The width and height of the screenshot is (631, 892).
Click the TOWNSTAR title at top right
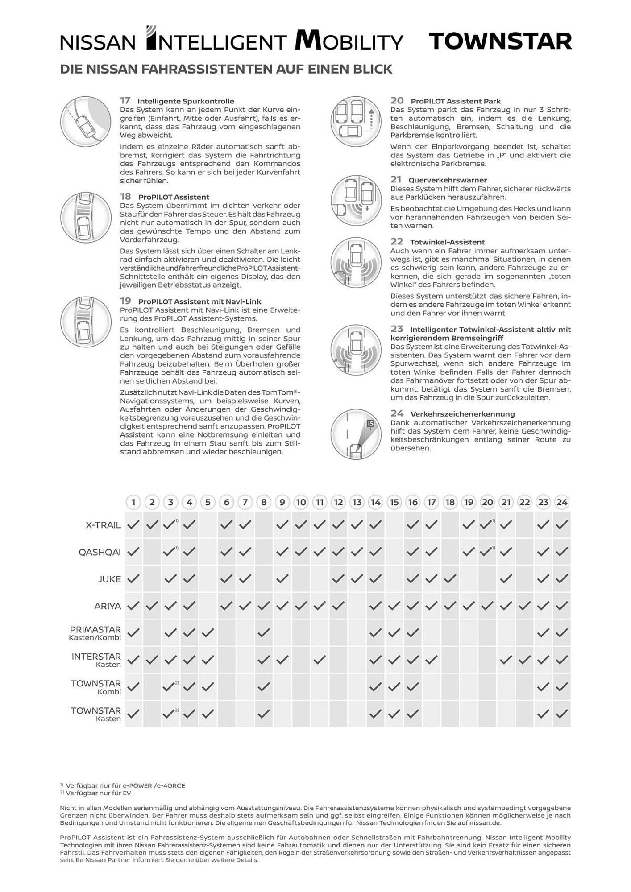tap(500, 41)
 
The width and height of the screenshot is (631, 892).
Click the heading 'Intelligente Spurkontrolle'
tap(186, 101)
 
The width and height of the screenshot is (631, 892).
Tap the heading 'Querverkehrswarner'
tap(448, 180)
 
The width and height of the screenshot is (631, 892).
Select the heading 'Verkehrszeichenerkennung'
tap(462, 414)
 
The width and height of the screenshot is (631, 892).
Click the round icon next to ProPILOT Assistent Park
tap(356, 121)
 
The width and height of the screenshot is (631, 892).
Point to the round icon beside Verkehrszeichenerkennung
tap(356, 434)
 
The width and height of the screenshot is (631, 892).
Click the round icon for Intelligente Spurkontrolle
tap(86, 121)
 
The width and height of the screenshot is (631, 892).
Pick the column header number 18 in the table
tap(450, 502)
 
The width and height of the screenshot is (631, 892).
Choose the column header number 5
tap(208, 502)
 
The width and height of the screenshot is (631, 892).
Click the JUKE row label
tap(109, 579)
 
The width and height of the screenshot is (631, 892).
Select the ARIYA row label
tap(108, 606)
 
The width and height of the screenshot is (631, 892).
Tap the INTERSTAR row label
tap(96, 657)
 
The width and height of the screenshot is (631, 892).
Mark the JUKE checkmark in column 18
tap(450, 579)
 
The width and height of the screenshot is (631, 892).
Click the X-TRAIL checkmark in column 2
tap(152, 525)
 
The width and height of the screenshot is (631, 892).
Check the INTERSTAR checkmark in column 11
tap(320, 659)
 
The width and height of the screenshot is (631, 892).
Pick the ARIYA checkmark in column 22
tap(524, 606)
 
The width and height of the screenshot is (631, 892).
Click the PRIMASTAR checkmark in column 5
tap(208, 632)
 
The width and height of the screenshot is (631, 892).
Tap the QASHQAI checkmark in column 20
tap(486, 552)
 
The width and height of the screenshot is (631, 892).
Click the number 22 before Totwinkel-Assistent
tap(397, 242)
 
